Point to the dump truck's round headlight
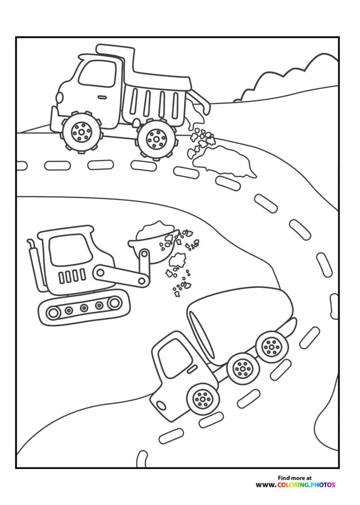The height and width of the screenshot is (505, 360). [59, 97]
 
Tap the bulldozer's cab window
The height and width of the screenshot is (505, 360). [69, 249]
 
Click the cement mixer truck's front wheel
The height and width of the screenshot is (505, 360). [201, 399]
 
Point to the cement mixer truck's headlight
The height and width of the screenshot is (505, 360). [160, 405]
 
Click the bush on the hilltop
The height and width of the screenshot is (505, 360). [288, 78]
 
